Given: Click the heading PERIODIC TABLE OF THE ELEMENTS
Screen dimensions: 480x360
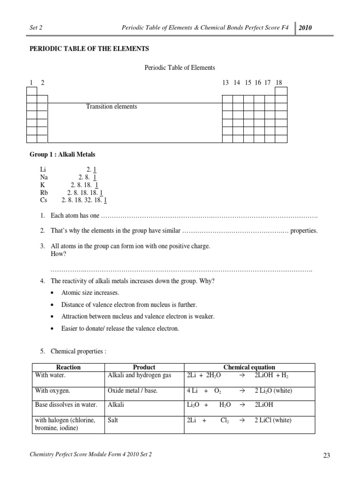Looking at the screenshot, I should pos(90,48).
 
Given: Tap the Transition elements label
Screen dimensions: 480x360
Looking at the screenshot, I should pos(112,106).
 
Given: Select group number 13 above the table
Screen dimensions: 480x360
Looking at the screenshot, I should pos(225,82).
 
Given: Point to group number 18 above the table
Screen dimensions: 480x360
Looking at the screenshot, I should pos(279,82).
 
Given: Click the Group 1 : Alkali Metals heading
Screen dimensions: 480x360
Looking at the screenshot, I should pos(62,154).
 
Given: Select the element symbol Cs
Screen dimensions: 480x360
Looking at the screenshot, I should pos(44,200).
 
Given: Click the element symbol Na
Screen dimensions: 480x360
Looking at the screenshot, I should pos(44,177).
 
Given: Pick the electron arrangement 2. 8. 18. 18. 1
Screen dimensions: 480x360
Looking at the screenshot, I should pos(85,193).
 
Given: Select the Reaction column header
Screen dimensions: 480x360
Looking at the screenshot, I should pos(68,367).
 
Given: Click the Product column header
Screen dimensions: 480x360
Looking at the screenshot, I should pos(144,367).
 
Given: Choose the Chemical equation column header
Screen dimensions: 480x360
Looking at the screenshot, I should pos(249,367).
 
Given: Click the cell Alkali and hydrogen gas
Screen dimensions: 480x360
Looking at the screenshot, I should pos(140,375).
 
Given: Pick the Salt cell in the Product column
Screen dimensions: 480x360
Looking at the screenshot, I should pos(113,420).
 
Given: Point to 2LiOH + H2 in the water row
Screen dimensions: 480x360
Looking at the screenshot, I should pos(272,375).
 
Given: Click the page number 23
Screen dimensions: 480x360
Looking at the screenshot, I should pos(327,455).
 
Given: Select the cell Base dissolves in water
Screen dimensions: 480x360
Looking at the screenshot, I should pos(66,405).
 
